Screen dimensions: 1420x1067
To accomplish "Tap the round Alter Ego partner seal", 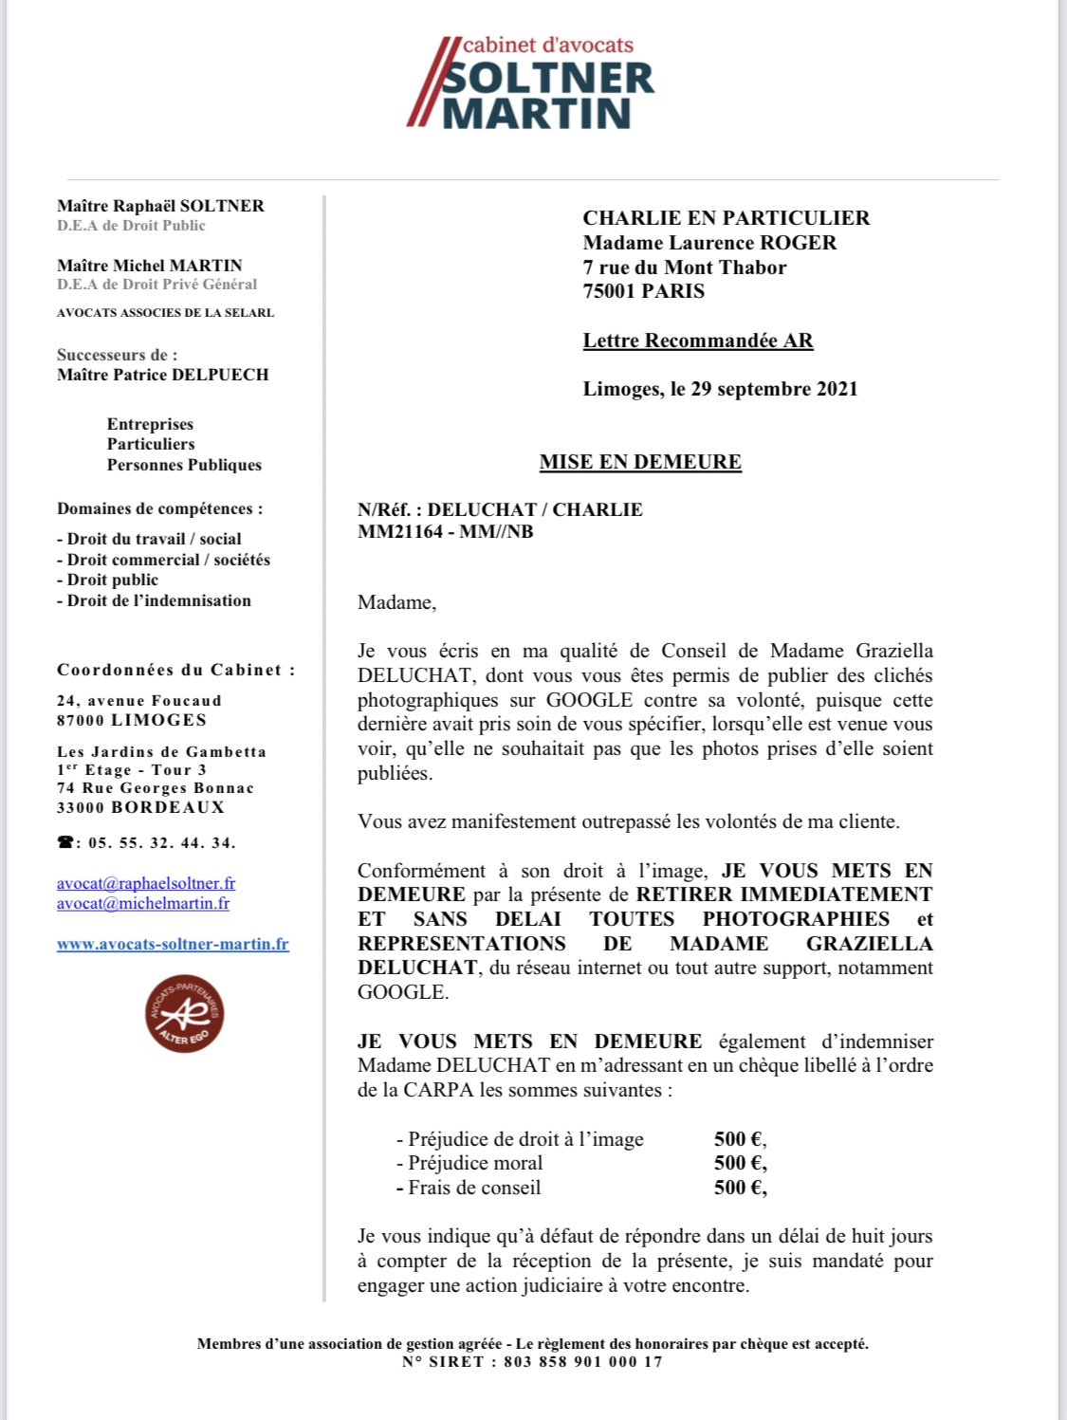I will point(184,1013).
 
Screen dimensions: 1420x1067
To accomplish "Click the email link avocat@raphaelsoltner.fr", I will point(146,883).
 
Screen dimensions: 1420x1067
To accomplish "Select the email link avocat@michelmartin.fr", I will point(143,903).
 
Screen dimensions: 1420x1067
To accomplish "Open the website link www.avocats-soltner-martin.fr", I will point(173,944).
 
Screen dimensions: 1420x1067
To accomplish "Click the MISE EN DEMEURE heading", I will point(640,462).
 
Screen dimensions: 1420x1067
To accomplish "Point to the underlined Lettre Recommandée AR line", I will point(698,341).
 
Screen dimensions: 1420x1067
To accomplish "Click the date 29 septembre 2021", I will point(773,389).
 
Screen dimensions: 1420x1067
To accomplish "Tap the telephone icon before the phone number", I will point(65,842).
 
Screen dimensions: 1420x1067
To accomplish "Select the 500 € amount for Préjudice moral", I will point(740,1163).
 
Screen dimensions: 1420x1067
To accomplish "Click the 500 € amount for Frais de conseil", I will point(740,1188).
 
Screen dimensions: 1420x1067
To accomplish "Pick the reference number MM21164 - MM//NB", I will point(446,532).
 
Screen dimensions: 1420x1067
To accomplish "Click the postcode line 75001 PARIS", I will point(644,291).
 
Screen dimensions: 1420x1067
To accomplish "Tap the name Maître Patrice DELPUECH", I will point(163,375).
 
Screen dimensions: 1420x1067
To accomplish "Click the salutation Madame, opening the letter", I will point(396,602).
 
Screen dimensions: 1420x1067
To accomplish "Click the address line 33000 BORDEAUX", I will point(140,807).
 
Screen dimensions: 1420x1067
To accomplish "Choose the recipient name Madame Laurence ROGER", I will point(709,243).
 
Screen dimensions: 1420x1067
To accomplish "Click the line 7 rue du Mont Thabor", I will point(685,267).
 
